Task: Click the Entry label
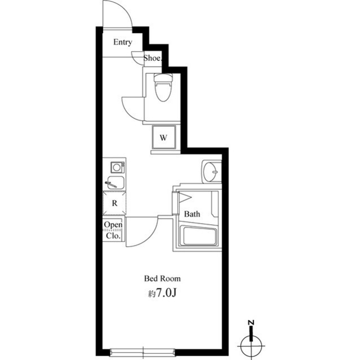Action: coord(122,42)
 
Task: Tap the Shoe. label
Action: coord(152,57)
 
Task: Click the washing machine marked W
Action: coord(164,137)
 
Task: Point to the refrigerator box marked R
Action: coord(115,203)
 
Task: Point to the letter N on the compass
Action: coord(251,323)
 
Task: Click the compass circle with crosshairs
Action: coord(251,343)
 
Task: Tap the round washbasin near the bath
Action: coord(212,171)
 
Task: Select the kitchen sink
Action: coord(115,183)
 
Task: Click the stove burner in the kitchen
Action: coord(117,167)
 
